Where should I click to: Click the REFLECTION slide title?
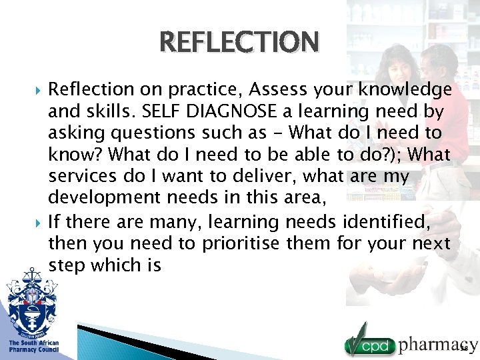click(x=239, y=42)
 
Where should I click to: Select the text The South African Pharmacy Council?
click(x=33, y=347)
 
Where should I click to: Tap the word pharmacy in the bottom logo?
click(x=437, y=344)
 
